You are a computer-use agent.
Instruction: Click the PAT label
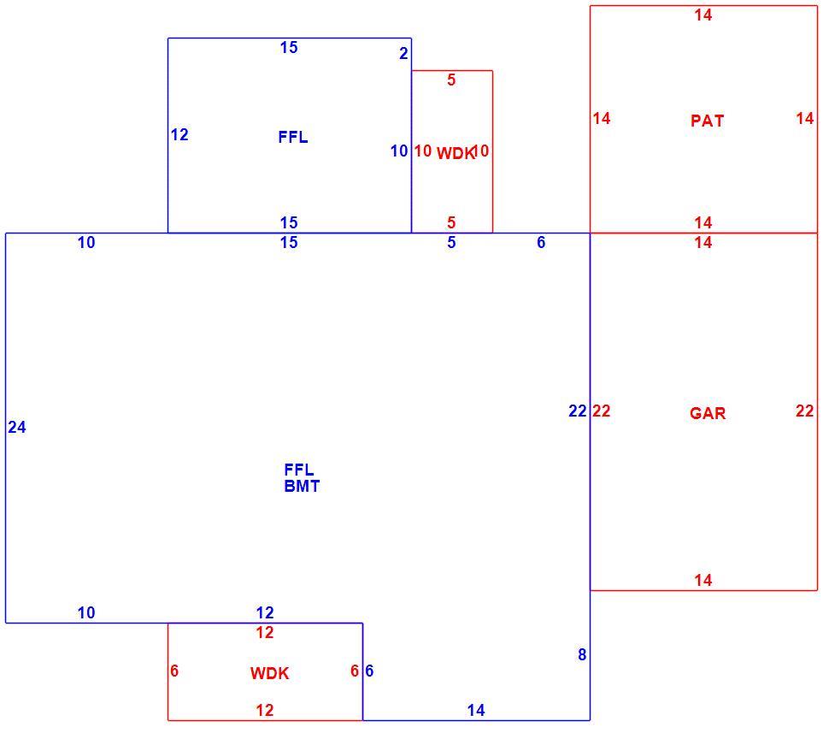(707, 121)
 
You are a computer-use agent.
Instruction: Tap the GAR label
(708, 413)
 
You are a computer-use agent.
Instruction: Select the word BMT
(302, 486)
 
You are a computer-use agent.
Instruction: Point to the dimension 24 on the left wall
(17, 427)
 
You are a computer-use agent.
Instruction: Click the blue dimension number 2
(404, 53)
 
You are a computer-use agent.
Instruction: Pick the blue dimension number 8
(582, 655)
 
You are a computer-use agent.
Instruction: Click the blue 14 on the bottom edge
(476, 710)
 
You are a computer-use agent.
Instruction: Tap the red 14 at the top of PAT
(703, 15)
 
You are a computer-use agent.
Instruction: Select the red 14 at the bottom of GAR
(703, 580)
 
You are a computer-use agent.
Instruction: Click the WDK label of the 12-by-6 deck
(269, 673)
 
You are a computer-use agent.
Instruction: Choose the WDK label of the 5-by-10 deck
(455, 153)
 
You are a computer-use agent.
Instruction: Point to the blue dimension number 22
(578, 411)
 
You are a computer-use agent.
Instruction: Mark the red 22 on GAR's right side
(805, 411)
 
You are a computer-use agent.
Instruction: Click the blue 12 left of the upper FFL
(179, 135)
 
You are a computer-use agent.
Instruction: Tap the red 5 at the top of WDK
(451, 80)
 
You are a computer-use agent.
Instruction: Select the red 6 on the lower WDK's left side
(174, 671)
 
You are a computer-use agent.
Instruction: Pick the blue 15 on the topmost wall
(289, 48)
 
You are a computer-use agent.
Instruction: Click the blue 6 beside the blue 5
(541, 242)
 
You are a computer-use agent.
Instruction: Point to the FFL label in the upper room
(293, 138)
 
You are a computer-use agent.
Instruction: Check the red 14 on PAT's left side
(602, 119)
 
